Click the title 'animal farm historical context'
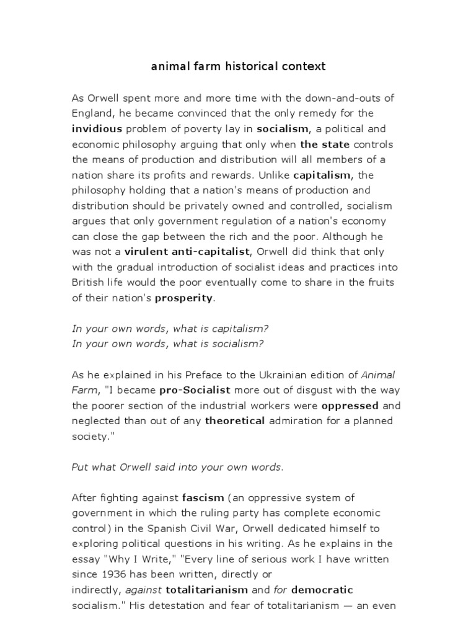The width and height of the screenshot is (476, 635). coord(238,66)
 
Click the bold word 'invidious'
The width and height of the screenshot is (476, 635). coord(98,129)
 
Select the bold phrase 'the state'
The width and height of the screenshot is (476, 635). coord(325,144)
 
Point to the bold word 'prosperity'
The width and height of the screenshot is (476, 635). coord(183,298)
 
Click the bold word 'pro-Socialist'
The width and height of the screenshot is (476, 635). coord(195,390)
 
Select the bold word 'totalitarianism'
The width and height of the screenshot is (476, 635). coord(211,590)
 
